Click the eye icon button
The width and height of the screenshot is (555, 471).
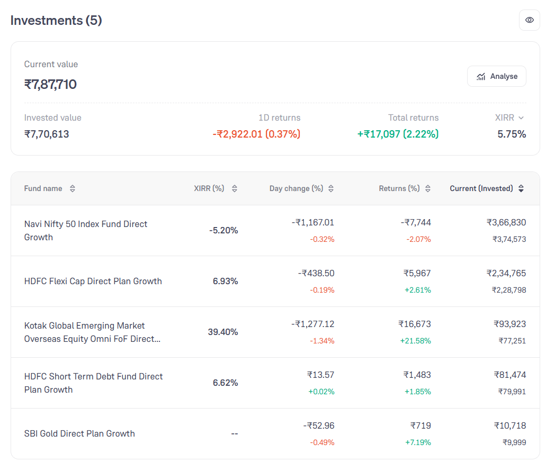529,20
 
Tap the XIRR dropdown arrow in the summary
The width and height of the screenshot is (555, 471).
521,117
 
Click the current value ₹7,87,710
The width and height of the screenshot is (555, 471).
50,85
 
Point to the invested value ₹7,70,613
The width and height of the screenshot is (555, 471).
47,134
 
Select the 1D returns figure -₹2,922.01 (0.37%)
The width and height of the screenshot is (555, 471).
256,134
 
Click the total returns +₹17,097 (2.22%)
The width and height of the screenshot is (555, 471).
398,134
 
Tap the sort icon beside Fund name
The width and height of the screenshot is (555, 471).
73,188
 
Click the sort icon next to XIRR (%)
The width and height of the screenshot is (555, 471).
234,188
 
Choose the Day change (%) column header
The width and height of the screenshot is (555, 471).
296,188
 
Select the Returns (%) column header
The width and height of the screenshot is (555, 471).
399,188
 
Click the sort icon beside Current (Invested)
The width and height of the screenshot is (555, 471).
521,188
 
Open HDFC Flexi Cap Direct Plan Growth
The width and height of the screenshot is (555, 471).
93,281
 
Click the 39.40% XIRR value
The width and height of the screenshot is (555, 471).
223,332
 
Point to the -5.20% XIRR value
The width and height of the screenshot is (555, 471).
223,231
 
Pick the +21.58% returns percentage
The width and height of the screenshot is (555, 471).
416,341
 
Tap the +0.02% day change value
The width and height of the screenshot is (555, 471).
321,392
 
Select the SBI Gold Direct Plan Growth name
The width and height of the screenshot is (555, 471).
79,433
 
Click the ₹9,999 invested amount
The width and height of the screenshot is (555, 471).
514,442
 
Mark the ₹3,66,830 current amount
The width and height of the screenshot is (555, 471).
506,222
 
